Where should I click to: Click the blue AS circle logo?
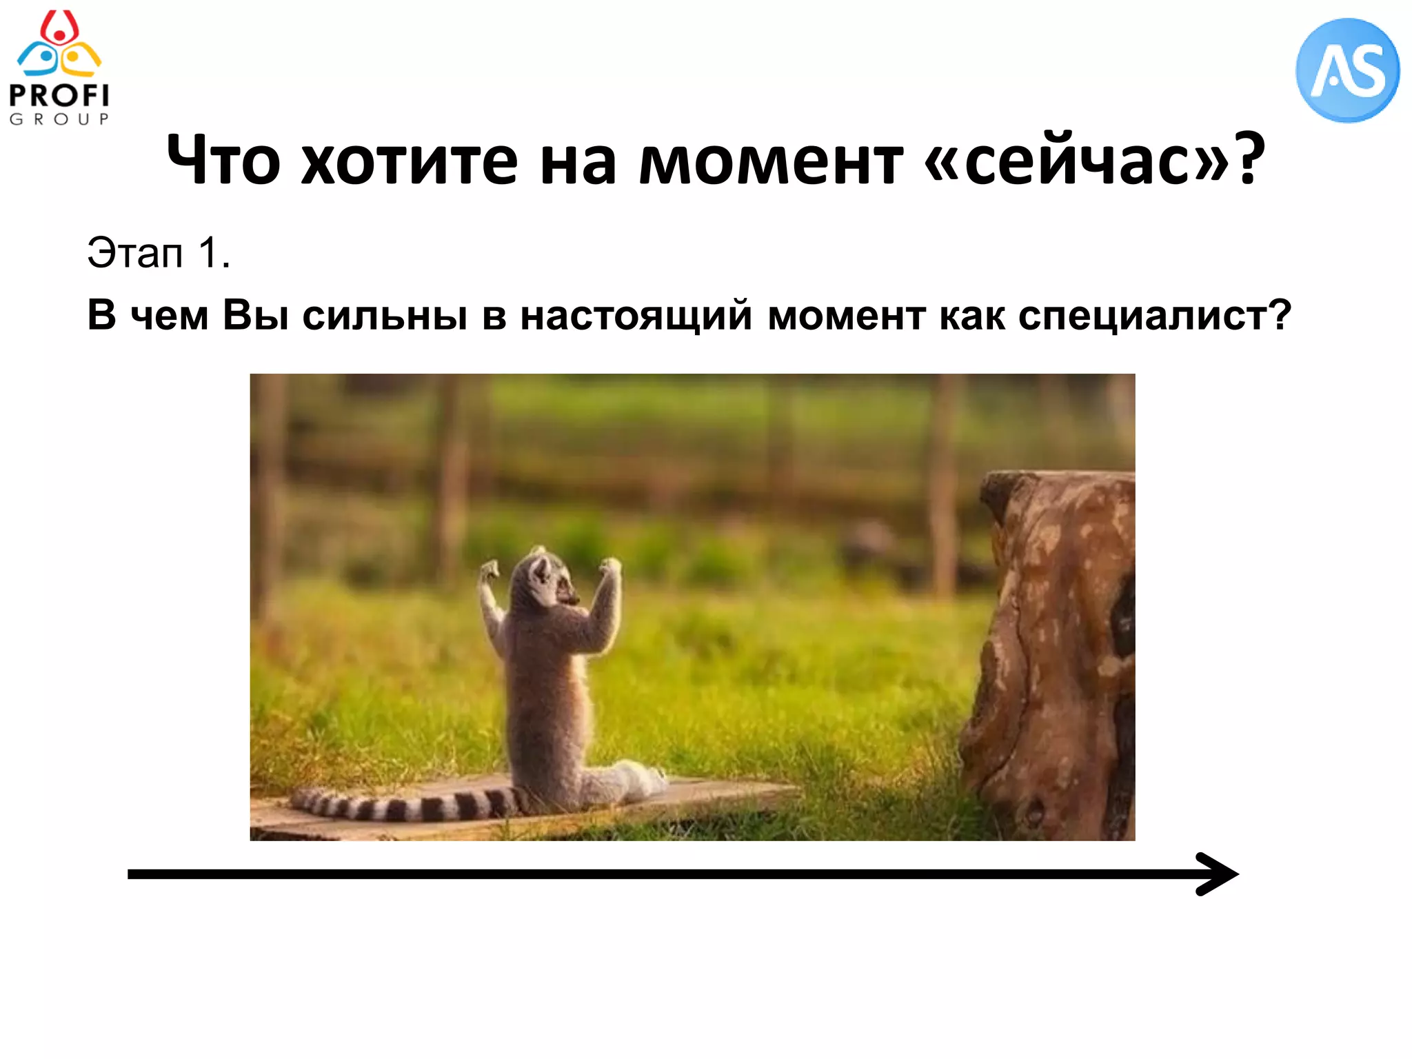coord(1347,70)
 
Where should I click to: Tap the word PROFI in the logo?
coord(59,96)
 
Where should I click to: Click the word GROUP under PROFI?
coord(59,119)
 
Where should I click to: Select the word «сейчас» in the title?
coord(1076,161)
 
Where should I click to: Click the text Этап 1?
coord(159,253)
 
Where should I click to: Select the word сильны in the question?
coord(385,316)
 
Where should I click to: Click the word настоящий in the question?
coord(636,316)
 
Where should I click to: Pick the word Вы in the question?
coord(255,315)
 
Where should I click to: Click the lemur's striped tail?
coord(407,804)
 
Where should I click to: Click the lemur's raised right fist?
coord(610,567)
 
